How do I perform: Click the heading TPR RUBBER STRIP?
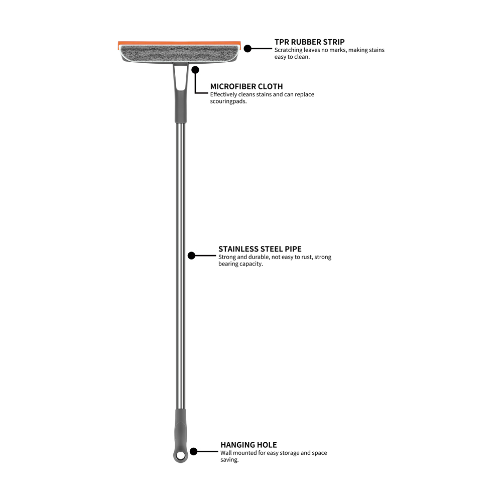(309, 42)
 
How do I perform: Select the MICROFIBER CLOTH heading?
(246, 86)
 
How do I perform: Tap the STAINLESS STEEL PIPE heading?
(260, 249)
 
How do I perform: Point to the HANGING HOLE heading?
(248, 445)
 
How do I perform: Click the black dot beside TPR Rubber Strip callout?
(247, 48)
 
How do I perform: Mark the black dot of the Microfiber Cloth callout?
(195, 69)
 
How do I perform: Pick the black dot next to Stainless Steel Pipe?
(191, 256)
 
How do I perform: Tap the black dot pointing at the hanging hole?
(193, 451)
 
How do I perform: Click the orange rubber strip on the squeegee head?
(179, 43)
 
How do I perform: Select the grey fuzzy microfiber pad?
(179, 53)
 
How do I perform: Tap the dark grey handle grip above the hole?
(180, 427)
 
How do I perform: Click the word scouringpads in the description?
(228, 101)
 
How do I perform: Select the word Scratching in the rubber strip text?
(288, 50)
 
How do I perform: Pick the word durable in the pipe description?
(258, 257)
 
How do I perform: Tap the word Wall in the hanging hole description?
(226, 453)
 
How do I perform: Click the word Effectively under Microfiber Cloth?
(223, 94)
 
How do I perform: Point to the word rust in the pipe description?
(306, 257)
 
